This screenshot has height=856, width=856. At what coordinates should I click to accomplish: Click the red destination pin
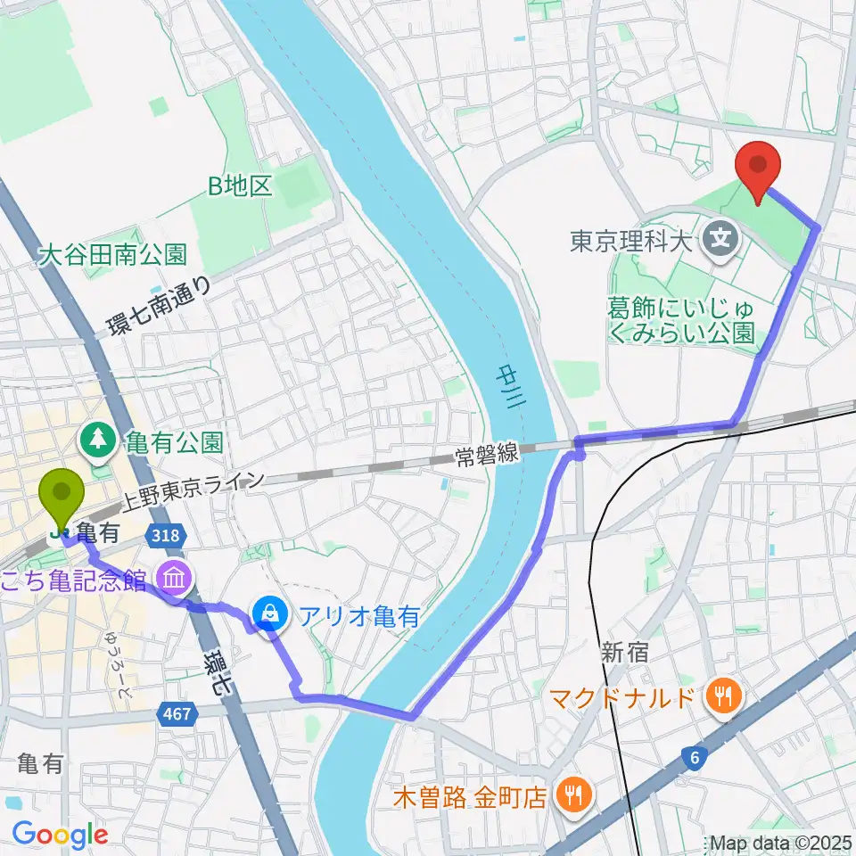click(x=758, y=166)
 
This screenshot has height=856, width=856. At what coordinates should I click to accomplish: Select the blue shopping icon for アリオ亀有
click(x=267, y=613)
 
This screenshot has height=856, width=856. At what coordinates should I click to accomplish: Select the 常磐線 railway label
click(x=486, y=454)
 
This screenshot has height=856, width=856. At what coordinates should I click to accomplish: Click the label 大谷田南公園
click(x=112, y=254)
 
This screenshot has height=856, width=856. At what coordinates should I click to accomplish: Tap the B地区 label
click(x=239, y=185)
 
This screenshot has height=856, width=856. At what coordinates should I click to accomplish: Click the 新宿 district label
click(x=623, y=653)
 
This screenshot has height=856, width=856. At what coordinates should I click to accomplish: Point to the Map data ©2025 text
click(x=781, y=842)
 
